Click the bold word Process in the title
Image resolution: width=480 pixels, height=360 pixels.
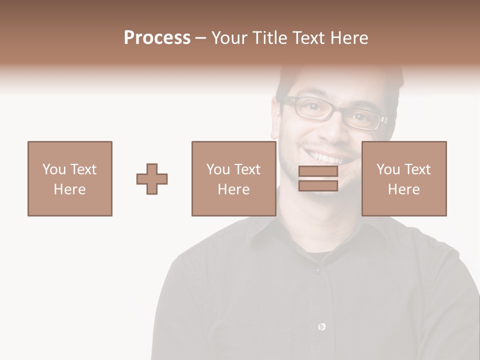coord(157,38)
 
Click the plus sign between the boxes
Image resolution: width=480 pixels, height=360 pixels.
coord(152,179)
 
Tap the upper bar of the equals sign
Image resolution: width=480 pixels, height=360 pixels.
coord(318,171)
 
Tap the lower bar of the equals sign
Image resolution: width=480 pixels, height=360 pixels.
coord(318,186)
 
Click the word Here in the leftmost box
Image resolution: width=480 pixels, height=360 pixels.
coord(69,189)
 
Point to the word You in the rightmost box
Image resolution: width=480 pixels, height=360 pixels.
coord(388,169)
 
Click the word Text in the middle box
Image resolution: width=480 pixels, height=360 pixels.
coord(247,169)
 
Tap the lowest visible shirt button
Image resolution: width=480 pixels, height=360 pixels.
coord(321,326)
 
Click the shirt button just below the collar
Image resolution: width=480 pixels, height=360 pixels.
coord(317,270)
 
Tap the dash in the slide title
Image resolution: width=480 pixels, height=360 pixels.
coord(201,38)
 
